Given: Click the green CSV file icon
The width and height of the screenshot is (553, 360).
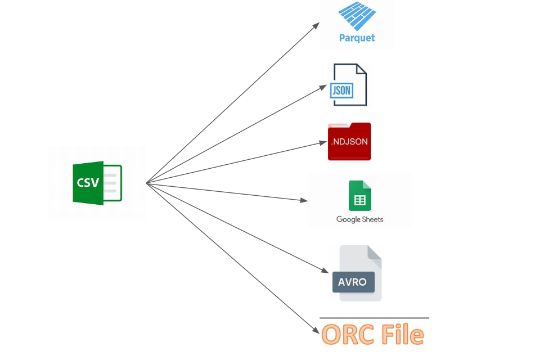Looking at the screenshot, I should click(97, 183).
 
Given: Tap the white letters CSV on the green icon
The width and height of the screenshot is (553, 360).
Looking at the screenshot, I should click(88, 183).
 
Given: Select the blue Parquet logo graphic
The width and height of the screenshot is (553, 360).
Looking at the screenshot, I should click(357, 17).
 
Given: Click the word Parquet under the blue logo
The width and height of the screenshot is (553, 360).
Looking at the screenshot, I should click(357, 38).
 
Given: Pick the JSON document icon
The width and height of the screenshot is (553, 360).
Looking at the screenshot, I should click(348, 84).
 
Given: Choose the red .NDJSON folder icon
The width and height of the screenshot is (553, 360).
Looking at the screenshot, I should click(349, 141).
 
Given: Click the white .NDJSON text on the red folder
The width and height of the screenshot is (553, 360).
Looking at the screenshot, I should click(349, 142).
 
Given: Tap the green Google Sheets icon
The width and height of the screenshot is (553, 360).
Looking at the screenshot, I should click(359, 195).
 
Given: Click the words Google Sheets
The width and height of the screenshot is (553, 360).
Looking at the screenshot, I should click(359, 219).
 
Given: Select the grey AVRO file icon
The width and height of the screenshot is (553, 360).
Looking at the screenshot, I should click(360, 273).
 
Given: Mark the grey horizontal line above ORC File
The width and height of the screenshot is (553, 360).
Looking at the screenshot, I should click(374, 318).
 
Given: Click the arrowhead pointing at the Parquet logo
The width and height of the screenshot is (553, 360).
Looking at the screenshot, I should click(317, 25).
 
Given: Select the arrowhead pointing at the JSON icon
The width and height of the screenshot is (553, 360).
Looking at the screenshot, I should click(323, 87).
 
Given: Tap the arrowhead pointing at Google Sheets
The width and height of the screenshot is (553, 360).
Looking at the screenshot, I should click(305, 200).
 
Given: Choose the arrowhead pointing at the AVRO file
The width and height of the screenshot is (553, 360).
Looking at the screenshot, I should click(325, 271).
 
